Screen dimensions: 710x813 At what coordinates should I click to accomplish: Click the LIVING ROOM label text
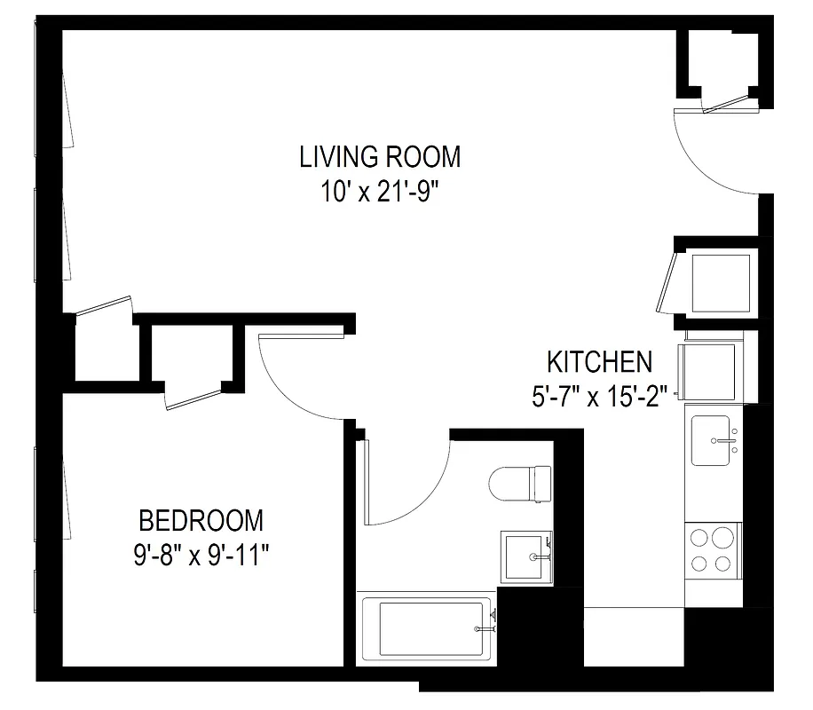380,157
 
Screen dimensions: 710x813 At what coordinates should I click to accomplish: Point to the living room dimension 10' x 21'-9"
380,192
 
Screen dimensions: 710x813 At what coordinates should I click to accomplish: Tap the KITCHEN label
599,362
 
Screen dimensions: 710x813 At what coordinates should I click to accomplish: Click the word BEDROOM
201,519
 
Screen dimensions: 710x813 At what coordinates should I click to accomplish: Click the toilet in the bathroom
518,484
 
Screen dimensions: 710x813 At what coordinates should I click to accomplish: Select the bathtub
426,628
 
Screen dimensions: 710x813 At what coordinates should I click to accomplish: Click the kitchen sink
712,439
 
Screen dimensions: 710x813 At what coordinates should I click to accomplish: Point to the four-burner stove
713,550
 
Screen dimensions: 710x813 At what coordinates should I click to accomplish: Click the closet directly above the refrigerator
720,281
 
